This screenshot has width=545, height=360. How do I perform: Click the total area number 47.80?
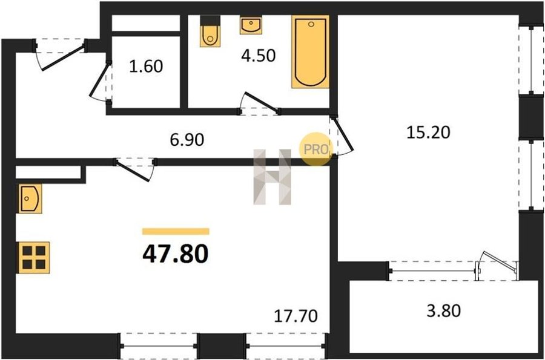click(x=176, y=254)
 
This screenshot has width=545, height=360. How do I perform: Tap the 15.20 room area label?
click(x=428, y=133)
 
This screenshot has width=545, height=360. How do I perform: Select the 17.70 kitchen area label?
click(x=296, y=316)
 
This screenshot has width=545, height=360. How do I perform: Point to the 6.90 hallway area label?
click(x=187, y=140)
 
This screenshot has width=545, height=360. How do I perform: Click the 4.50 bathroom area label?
click(x=259, y=56)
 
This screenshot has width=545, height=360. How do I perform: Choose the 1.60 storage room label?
click(x=146, y=67)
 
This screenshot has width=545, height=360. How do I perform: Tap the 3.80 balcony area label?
click(x=444, y=310)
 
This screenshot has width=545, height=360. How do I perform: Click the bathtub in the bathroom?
click(x=311, y=51)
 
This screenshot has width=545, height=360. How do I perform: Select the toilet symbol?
click(x=210, y=31)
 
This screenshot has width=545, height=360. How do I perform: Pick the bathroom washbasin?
click(x=250, y=25)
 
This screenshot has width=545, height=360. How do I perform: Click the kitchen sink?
click(x=30, y=198)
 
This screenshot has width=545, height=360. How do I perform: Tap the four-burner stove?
click(x=34, y=258)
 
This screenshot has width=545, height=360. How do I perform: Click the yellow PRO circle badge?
click(x=316, y=149)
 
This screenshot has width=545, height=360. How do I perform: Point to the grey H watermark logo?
click(x=272, y=177)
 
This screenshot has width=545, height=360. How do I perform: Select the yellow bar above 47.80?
click(x=176, y=232)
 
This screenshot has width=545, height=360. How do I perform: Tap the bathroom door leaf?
click(x=262, y=102)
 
